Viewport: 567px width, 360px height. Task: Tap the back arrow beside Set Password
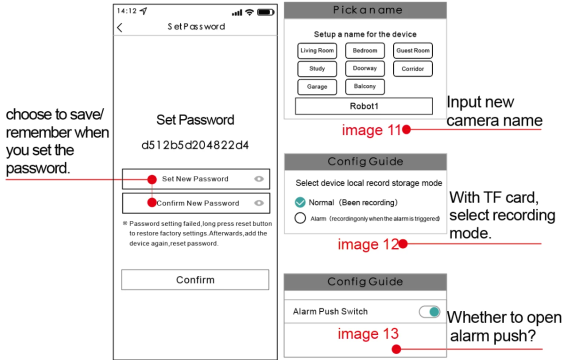click(120, 27)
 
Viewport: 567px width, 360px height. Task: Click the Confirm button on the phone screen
click(195, 279)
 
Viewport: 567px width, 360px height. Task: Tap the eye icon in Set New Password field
click(259, 179)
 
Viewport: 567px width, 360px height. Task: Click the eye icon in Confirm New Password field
click(259, 203)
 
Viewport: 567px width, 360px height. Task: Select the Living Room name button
click(317, 51)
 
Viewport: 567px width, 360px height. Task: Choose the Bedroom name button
click(365, 51)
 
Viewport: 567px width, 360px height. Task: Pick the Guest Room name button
click(413, 51)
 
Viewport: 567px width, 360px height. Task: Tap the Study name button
click(317, 69)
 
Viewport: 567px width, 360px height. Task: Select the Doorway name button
click(365, 69)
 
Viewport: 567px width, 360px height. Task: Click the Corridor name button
click(413, 69)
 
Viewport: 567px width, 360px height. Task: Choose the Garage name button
click(317, 87)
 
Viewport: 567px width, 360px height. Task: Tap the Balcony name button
click(365, 87)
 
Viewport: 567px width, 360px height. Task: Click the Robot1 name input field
click(364, 106)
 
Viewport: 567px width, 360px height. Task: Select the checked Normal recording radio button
click(300, 202)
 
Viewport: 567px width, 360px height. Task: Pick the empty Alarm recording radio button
click(300, 218)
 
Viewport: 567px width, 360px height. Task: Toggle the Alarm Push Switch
click(430, 312)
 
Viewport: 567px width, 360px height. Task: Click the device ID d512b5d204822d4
click(195, 145)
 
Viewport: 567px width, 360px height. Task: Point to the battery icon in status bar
click(266, 12)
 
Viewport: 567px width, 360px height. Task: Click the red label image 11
click(371, 130)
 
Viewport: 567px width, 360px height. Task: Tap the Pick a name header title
click(367, 10)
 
